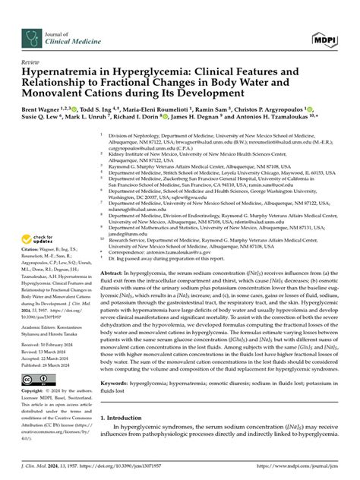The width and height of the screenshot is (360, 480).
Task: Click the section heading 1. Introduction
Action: tap(130, 438)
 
